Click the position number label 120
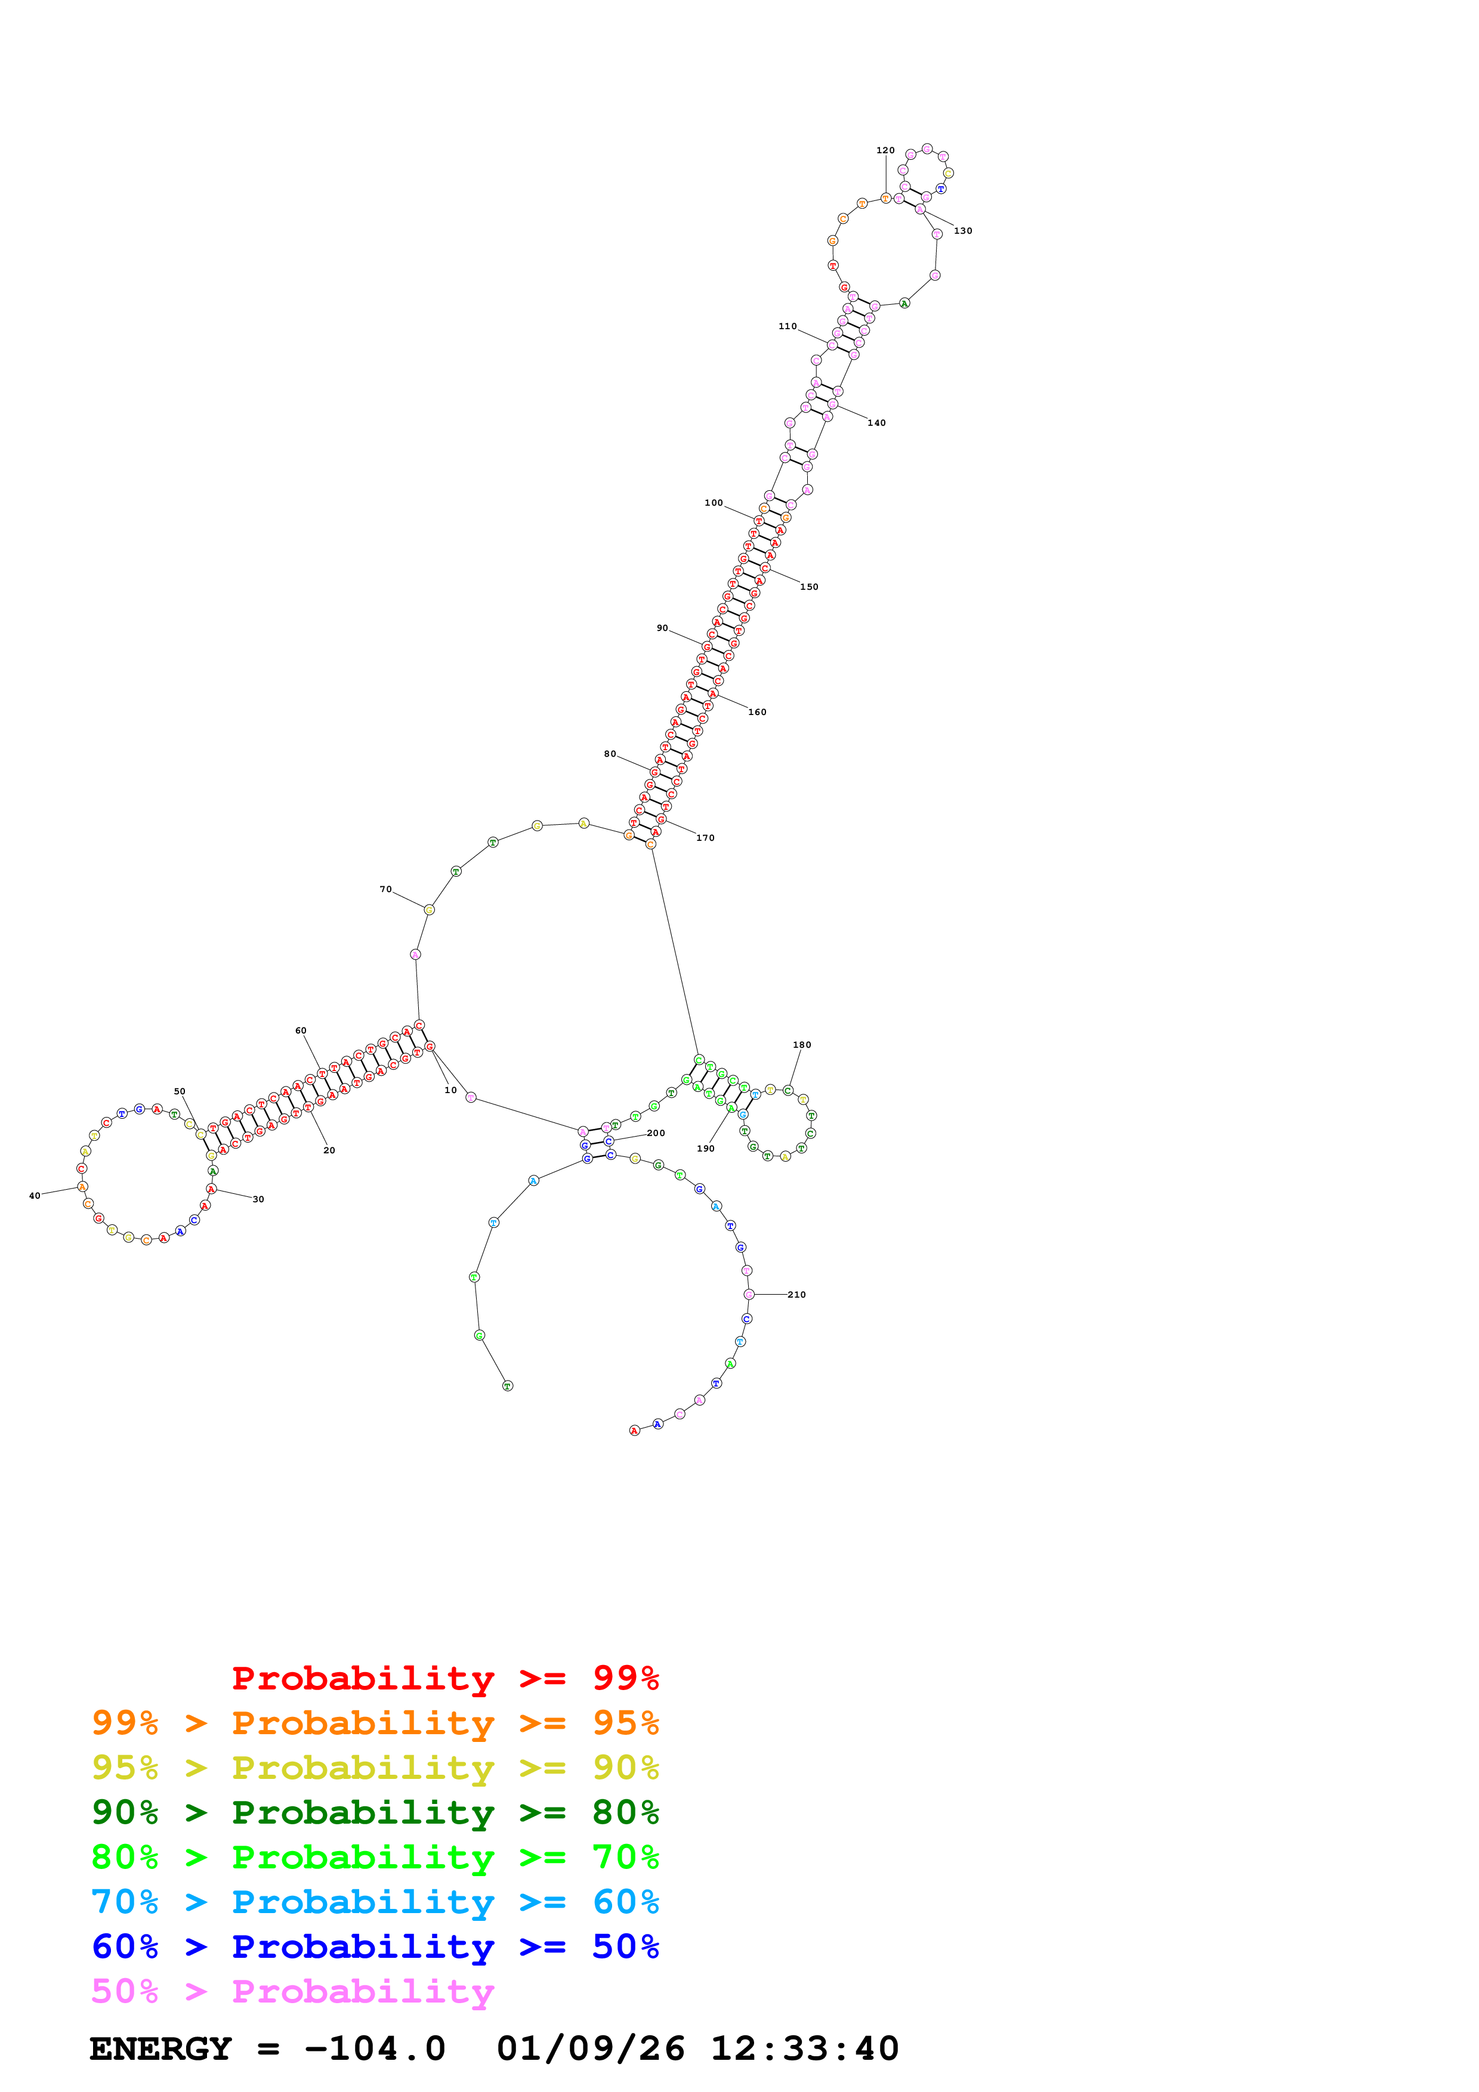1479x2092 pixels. [x=885, y=150]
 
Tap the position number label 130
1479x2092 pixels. [x=962, y=231]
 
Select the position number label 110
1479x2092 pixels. [x=788, y=326]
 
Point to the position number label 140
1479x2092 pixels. [x=876, y=423]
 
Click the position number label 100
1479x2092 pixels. [x=714, y=503]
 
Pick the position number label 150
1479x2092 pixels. [x=808, y=587]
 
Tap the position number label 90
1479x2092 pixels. [x=662, y=629]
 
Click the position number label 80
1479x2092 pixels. [x=610, y=754]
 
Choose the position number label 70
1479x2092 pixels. [x=385, y=889]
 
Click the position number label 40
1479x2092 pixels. [x=35, y=1196]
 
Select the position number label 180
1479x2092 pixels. [x=801, y=1045]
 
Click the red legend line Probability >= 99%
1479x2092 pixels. [x=444, y=1678]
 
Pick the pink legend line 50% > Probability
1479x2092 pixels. [x=292, y=1992]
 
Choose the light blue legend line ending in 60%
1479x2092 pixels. [x=375, y=1902]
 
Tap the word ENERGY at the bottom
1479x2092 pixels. [x=160, y=2049]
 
